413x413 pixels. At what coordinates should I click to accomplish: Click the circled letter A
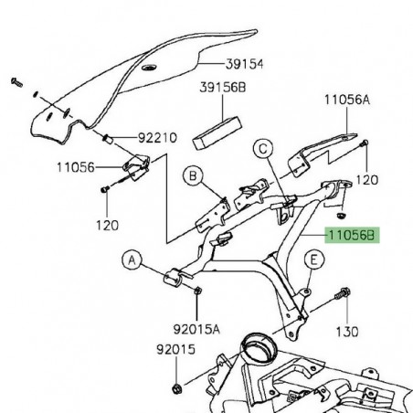132,262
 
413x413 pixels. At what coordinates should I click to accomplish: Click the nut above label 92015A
198,291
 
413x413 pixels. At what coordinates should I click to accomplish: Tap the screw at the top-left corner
16,83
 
